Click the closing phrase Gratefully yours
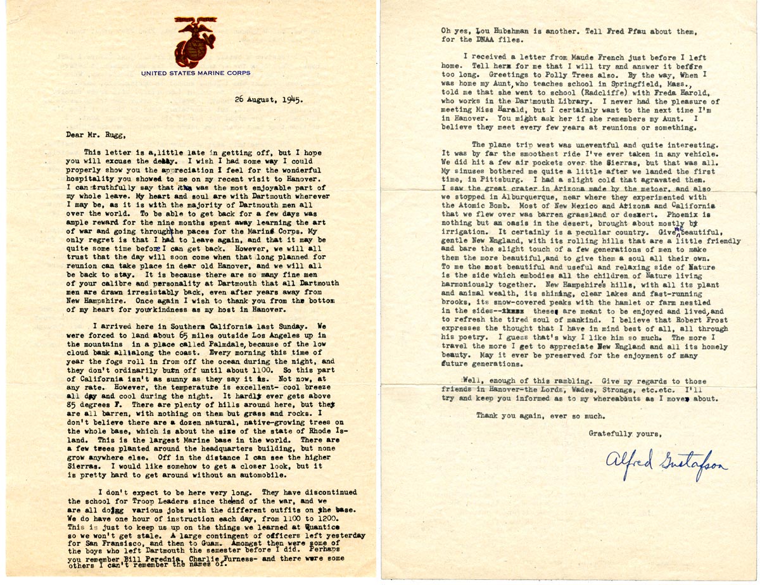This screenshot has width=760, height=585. click(625, 433)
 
